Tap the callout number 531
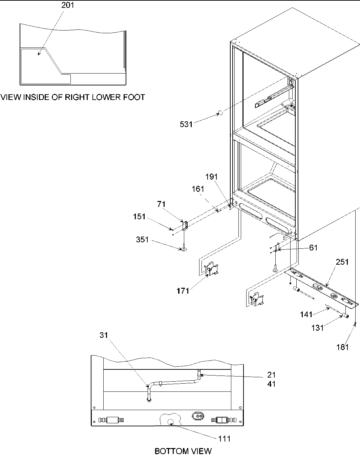point(186,124)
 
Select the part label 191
point(212,177)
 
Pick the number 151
point(139,217)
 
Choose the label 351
point(143,240)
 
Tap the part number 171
point(183,290)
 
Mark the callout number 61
point(313,248)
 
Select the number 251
point(342,262)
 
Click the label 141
point(306,315)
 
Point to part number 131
point(317,328)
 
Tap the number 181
point(342,347)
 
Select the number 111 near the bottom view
point(224,439)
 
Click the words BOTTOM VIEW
point(183,451)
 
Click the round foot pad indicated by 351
point(184,250)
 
